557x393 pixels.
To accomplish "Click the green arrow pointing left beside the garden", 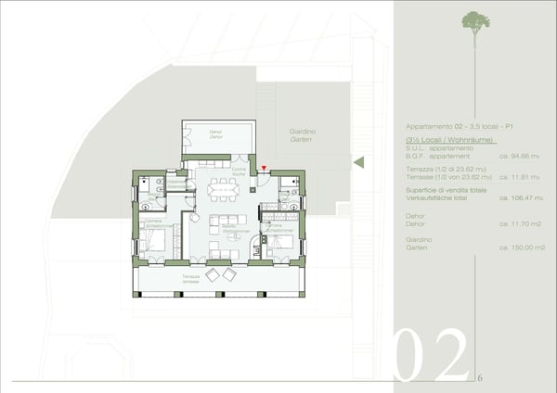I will pyautogui.click(x=358, y=162).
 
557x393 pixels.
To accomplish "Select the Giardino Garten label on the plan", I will pyautogui.click(x=303, y=135).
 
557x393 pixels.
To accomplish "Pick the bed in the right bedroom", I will pyautogui.click(x=282, y=244).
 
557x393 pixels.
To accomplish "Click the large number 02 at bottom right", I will pyautogui.click(x=431, y=353).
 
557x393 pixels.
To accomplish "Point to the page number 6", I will pyautogui.click(x=480, y=378).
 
